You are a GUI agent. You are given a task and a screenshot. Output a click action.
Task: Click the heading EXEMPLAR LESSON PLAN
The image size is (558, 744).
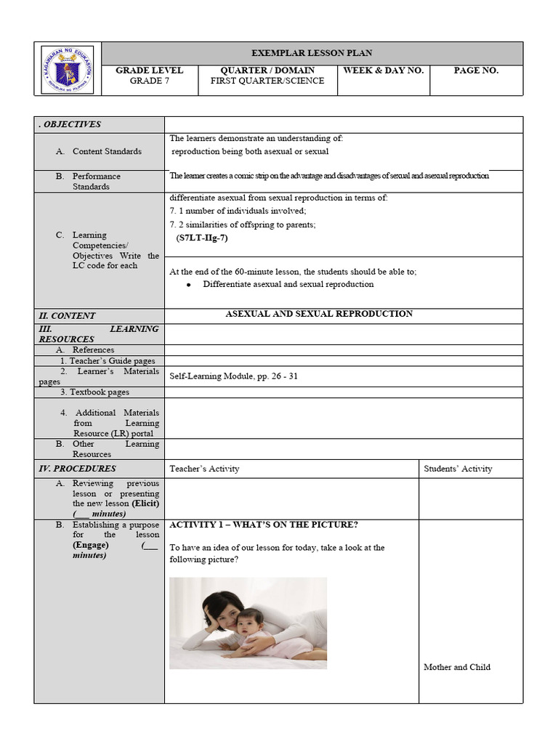pos(312,53)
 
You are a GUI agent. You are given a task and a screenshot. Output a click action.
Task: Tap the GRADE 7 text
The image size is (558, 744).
pos(149,81)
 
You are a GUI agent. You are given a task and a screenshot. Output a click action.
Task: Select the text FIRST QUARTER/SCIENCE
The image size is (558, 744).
pos(267,81)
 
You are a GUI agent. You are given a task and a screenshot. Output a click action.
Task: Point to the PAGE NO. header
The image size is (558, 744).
pos(476,70)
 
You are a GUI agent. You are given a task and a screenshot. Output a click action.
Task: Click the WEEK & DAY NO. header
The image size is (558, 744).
pos(383,70)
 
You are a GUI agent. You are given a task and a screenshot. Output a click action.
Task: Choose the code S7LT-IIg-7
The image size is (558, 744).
pos(202,238)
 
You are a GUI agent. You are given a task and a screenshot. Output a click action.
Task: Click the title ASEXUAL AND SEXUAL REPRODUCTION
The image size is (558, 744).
pos(319,314)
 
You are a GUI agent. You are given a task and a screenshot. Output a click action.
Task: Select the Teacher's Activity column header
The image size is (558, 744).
pos(204,469)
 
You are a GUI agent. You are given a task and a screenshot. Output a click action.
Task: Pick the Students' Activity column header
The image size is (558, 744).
pos(458,469)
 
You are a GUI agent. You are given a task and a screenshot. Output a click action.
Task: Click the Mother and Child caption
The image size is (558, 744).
pos(456,667)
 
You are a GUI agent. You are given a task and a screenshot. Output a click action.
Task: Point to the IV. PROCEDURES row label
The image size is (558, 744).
pos(77,469)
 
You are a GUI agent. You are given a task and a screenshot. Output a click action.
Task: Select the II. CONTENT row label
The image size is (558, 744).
pos(67,316)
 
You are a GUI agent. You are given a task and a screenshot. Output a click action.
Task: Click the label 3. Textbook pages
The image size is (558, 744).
pos(94,392)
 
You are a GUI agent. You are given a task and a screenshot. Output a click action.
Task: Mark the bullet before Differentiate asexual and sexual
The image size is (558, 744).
pos(188,285)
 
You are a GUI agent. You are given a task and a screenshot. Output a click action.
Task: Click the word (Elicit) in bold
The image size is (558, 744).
pos(145,503)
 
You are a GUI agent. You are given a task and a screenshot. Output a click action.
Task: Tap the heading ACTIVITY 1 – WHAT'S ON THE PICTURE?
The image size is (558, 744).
pos(263,525)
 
